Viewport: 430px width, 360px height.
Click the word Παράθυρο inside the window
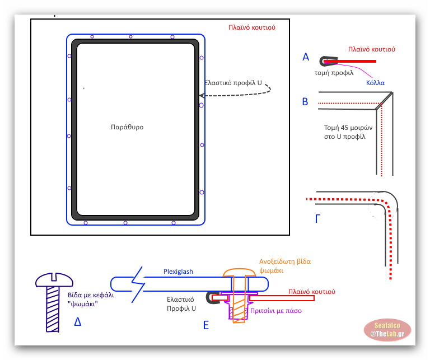pos(127,127)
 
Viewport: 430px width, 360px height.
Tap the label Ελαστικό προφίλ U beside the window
pos(233,82)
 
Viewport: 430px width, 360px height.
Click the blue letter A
pos(306,57)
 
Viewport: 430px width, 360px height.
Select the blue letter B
pos(305,102)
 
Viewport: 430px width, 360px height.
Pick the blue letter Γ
pos(319,218)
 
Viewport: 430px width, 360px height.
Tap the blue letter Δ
pos(78,321)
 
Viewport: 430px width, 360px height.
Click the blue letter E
pos(206,324)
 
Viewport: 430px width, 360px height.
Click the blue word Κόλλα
pos(375,82)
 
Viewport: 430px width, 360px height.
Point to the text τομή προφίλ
pos(334,73)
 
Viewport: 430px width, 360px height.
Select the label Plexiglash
pos(178,272)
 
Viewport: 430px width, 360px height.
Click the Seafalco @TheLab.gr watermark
pos(387,330)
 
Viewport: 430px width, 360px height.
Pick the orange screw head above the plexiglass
pos(240,273)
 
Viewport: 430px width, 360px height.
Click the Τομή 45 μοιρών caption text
pos(345,132)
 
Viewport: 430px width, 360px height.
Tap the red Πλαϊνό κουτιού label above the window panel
pos(251,27)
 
